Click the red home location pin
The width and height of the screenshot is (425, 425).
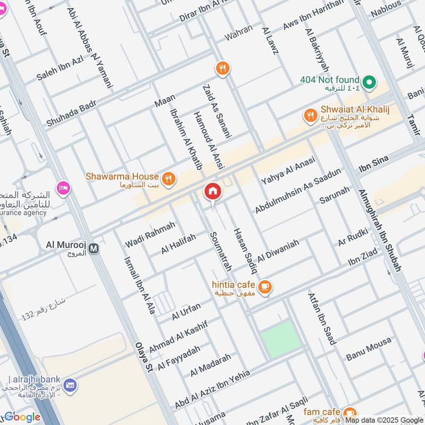click(212, 192)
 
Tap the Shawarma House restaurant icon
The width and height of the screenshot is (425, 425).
click(168, 179)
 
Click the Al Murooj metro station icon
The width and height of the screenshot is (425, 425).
click(94, 248)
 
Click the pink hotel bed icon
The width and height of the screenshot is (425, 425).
click(64, 188)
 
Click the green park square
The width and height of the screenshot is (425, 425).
click(280, 338)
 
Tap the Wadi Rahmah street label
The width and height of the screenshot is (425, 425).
click(150, 234)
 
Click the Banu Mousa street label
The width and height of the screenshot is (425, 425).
click(368, 349)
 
